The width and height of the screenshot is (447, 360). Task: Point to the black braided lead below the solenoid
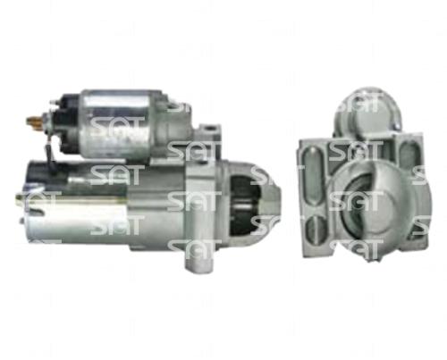50,156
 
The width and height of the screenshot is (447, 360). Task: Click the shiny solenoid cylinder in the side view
118,122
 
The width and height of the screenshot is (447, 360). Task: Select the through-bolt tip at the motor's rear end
21,198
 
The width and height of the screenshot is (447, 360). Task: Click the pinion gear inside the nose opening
245,205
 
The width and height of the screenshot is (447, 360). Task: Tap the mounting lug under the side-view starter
199,258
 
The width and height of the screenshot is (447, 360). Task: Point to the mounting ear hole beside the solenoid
211,129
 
